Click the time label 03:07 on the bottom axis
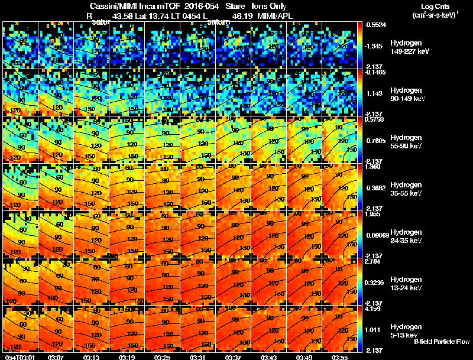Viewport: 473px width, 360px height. pos(57,356)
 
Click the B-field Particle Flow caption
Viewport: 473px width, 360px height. pos(441,341)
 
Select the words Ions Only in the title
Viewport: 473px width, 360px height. pos(269,7)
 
